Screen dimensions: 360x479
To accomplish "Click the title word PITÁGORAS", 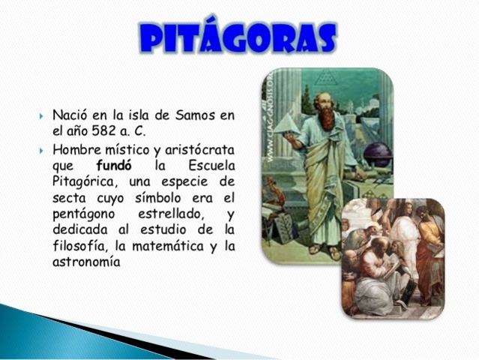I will point(238,37).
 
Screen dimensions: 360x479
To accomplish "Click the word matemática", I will point(170,247).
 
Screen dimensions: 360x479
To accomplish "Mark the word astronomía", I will point(86,264).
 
